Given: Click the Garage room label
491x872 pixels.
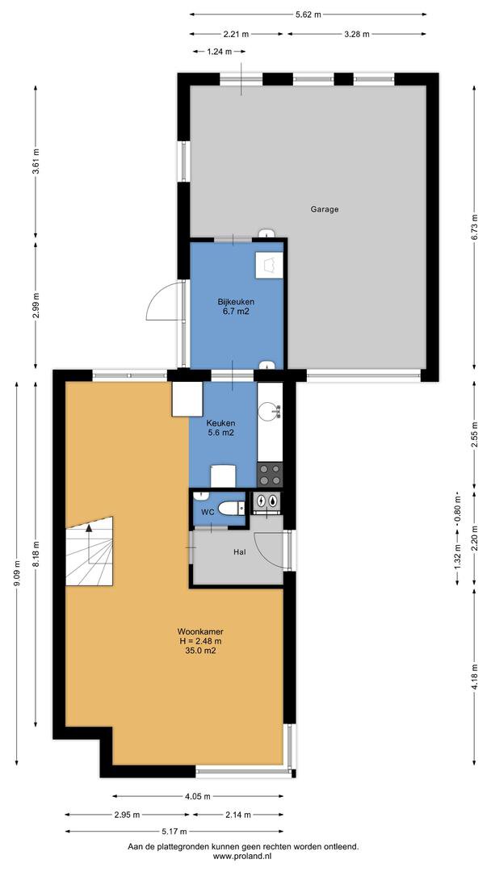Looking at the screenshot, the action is [325, 210].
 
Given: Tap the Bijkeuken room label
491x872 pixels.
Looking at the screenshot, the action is [233, 303].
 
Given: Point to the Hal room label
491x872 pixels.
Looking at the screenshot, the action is [240, 552].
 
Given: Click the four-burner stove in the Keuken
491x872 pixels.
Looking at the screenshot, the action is [269, 475].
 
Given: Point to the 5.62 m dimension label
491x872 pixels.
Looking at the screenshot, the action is [308, 15].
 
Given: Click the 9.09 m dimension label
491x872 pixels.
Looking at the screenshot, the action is [17, 573].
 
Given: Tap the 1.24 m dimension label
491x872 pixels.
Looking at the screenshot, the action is [219, 52].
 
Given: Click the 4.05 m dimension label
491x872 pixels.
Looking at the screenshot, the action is [197, 796].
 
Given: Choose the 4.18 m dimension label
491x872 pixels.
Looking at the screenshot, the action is [473, 677].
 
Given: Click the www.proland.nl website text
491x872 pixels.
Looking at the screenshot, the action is [243, 857].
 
